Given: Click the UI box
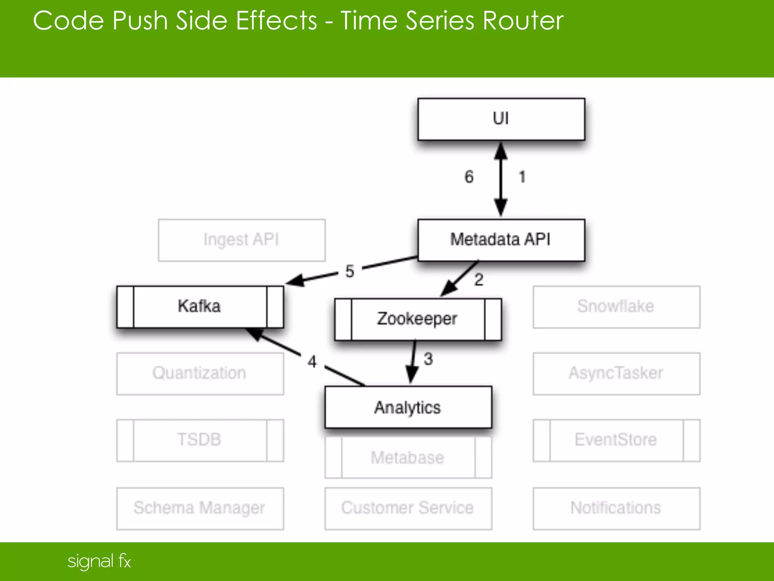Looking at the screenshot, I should point(501,119).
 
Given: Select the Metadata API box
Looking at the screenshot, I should point(501,240).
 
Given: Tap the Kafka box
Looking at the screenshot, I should point(200,307).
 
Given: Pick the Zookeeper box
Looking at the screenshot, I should point(418,319).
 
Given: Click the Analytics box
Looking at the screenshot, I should point(408,407).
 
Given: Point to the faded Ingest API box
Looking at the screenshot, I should point(241,240).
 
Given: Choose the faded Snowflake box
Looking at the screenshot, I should point(616,307).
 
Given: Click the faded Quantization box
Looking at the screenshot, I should point(200,374).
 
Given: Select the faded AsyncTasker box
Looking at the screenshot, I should point(616,374).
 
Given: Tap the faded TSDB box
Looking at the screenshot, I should point(200,440).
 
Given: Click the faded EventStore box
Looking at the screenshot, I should point(616,440).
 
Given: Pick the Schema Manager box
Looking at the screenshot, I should point(200,508).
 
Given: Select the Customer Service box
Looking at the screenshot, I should point(408,508).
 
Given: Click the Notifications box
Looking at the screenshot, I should point(616,508).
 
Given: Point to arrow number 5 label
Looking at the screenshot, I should point(350,271).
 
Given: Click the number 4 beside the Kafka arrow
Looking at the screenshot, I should point(312,362).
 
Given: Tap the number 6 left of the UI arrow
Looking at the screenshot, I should point(469,177).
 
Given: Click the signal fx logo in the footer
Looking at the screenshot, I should point(99,561).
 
